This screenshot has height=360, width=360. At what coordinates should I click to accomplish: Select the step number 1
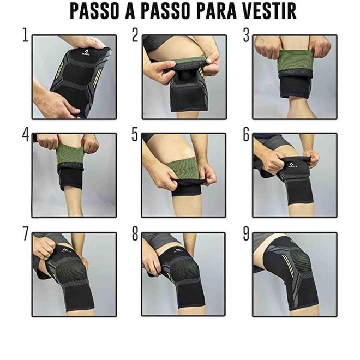pyautogui.click(x=26, y=35)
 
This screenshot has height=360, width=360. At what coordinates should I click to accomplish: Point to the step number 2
pyautogui.click(x=135, y=35)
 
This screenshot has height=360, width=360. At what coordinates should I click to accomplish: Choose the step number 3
pyautogui.click(x=246, y=35)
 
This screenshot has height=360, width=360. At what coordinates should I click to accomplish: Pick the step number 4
pyautogui.click(x=26, y=134)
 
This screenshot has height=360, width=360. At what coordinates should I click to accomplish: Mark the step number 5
pyautogui.click(x=135, y=134)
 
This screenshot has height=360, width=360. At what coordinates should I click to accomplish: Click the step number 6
pyautogui.click(x=246, y=134)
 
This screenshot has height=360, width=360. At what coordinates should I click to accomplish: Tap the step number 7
pyautogui.click(x=26, y=233)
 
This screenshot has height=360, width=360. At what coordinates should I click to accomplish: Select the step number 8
pyautogui.click(x=135, y=233)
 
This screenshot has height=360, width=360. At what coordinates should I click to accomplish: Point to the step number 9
pyautogui.click(x=246, y=233)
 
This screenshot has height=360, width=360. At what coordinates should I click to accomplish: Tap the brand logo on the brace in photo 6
pyautogui.click(x=291, y=165)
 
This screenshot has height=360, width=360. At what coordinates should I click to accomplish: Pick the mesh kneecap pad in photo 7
pyautogui.click(x=69, y=274)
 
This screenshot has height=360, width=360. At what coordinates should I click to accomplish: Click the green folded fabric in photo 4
pyautogui.click(x=69, y=153)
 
